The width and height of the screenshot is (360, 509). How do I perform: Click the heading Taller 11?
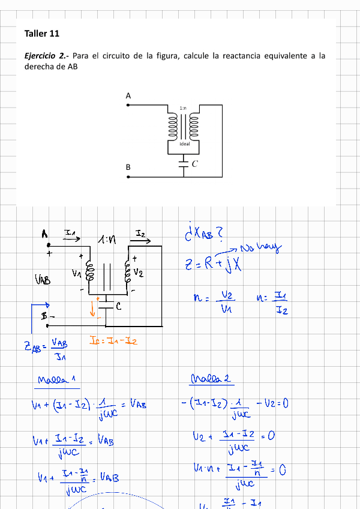[x=42, y=34]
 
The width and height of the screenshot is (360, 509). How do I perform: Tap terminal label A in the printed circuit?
[x=128, y=95]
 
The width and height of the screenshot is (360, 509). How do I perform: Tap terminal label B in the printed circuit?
[x=128, y=167]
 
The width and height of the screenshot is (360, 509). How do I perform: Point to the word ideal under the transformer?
[x=185, y=145]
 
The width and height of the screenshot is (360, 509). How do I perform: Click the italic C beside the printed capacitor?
[x=195, y=163]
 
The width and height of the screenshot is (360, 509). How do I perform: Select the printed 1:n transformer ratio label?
[x=182, y=107]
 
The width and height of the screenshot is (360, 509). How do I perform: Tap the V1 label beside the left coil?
[x=76, y=273]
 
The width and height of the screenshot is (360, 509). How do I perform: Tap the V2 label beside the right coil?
[x=138, y=273]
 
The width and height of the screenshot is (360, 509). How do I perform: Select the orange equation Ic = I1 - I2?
[x=113, y=341]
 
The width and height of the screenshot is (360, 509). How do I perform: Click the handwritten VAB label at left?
[x=43, y=279]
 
